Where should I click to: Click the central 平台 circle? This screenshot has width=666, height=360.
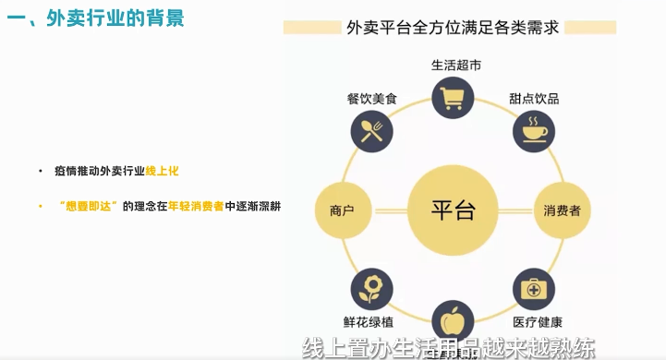point(453,210)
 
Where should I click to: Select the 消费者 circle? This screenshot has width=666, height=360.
point(563,211)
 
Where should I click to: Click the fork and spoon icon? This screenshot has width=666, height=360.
point(372,130)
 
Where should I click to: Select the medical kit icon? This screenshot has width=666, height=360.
point(534,291)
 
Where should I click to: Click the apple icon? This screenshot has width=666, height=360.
point(453,320)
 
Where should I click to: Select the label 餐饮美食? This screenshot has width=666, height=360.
point(371,98)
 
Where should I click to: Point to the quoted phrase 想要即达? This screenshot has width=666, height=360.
point(89,205)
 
